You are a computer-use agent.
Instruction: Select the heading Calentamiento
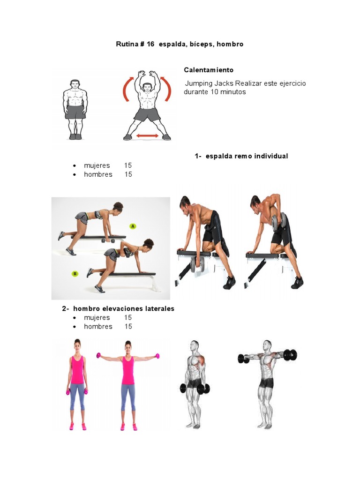click(208, 70)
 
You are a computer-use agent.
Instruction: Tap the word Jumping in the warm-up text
click(199, 83)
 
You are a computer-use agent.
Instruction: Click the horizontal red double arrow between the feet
click(147, 136)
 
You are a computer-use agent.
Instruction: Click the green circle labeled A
click(133, 226)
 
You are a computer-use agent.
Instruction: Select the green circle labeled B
click(74, 273)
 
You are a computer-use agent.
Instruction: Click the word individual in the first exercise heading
click(271, 156)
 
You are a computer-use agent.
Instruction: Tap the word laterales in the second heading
click(157, 308)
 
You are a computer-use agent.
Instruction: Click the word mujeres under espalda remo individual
click(97, 165)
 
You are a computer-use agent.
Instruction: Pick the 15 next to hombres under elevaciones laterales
click(128, 326)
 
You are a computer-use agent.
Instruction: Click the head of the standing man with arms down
click(75, 85)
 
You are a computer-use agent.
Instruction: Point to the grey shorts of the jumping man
click(147, 114)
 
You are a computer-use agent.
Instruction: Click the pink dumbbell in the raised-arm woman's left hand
click(157, 356)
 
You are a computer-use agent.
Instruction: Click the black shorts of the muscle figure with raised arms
click(266, 382)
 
